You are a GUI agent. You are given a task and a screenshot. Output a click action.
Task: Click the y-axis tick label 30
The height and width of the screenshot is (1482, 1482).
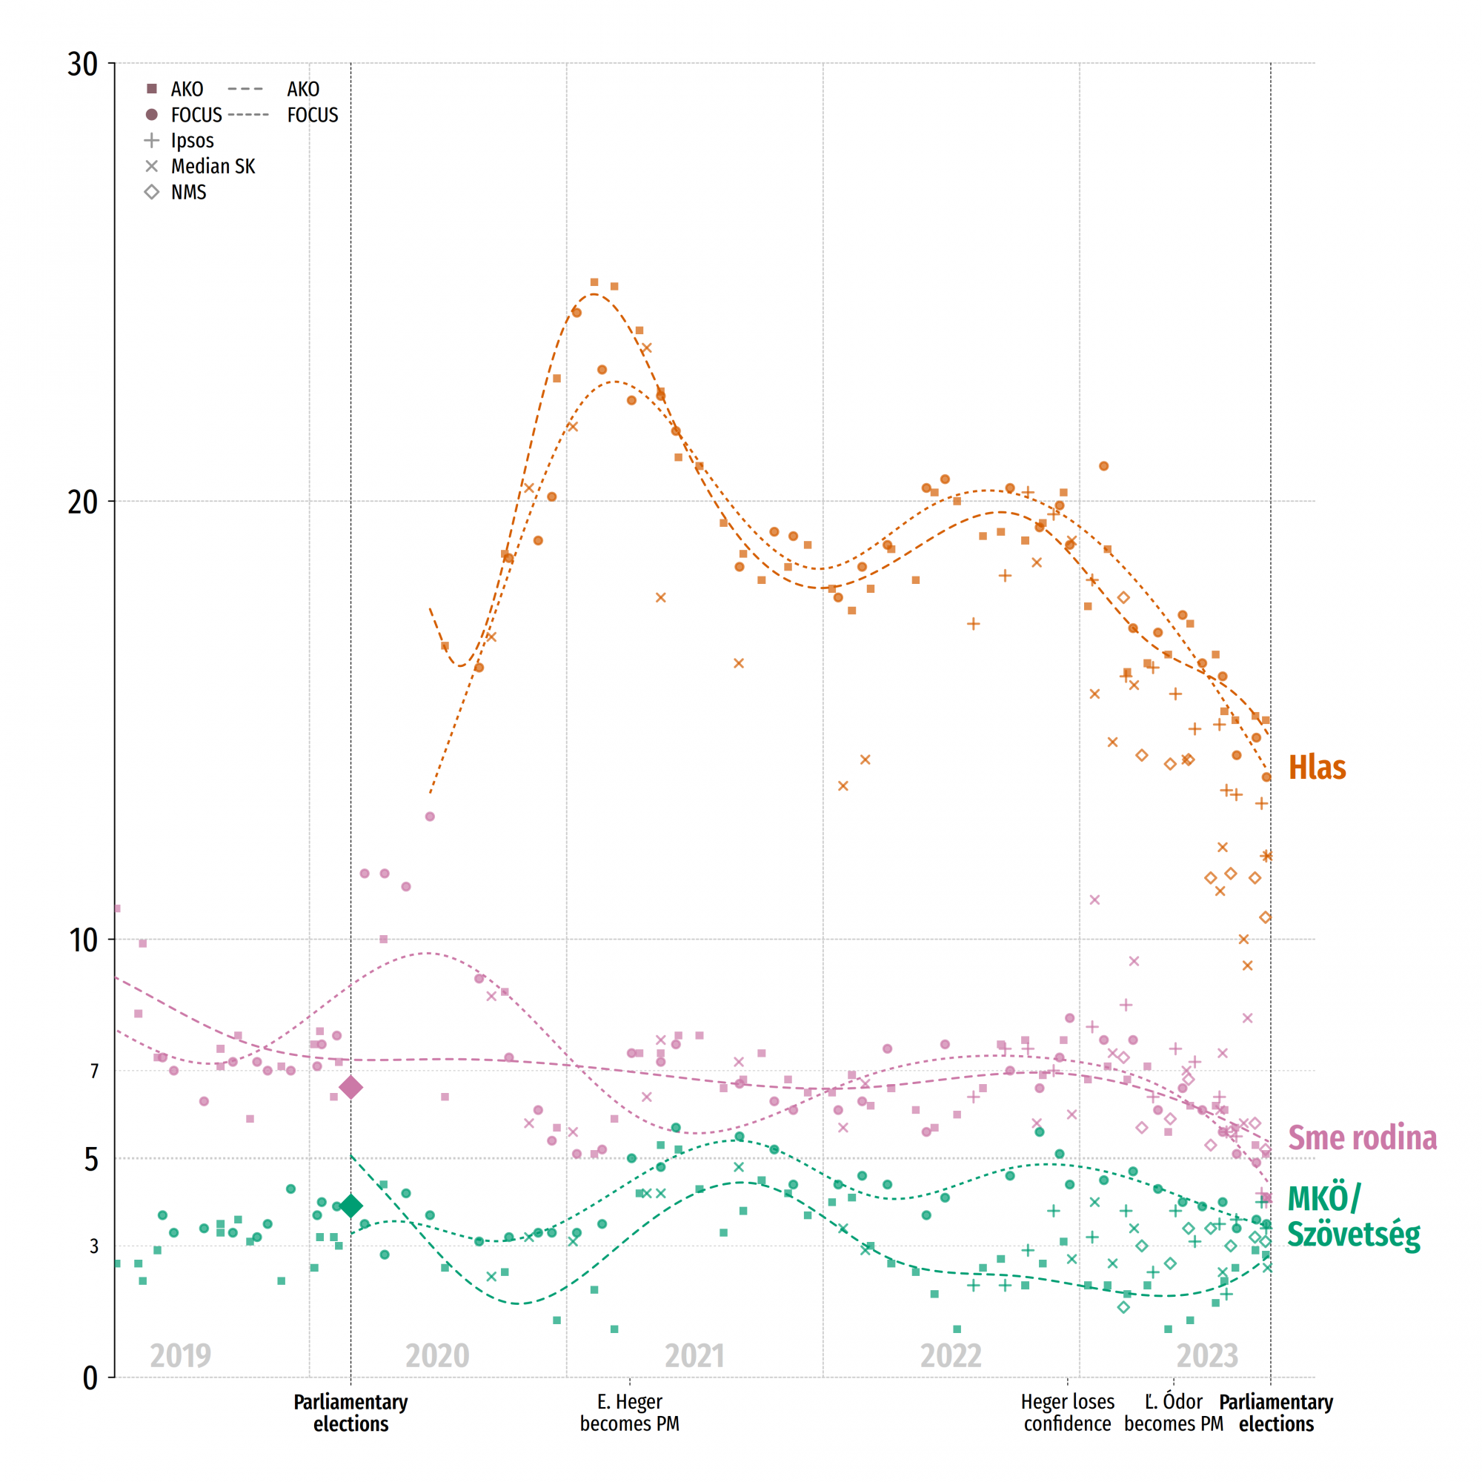[82, 64]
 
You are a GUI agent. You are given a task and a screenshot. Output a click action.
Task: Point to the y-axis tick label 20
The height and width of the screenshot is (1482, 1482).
[82, 502]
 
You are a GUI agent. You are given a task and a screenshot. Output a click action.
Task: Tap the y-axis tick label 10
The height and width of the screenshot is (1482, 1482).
[83, 940]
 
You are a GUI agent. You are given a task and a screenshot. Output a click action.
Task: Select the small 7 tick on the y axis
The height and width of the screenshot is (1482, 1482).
[94, 1071]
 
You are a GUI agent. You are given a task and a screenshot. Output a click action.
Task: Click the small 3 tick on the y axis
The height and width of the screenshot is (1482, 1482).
[93, 1246]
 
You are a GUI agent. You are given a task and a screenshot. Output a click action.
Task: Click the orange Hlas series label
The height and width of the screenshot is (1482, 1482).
[1316, 768]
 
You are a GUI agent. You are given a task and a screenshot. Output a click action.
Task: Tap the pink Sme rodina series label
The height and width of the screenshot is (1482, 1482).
[1361, 1137]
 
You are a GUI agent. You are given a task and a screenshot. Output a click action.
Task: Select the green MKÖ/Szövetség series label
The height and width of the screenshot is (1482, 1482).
[1352, 1217]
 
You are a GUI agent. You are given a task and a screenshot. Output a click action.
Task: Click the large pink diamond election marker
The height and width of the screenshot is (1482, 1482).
[350, 1087]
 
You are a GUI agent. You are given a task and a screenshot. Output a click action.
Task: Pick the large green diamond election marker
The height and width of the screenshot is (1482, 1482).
[350, 1206]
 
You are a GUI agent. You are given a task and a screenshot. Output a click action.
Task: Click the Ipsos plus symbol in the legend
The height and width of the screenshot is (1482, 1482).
[152, 140]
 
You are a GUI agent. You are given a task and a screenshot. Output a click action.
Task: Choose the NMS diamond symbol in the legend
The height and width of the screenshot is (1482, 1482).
[152, 192]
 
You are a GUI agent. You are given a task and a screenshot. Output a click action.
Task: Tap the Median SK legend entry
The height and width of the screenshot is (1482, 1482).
[213, 167]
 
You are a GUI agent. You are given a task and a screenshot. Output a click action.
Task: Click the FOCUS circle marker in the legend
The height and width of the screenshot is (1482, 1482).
[152, 115]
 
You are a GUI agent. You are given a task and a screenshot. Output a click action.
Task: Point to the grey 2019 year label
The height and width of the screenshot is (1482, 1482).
[180, 1355]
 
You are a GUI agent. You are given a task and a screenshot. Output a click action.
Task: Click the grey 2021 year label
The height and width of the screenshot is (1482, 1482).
[694, 1355]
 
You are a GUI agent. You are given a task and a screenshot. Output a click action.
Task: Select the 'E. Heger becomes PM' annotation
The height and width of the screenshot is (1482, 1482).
[629, 1413]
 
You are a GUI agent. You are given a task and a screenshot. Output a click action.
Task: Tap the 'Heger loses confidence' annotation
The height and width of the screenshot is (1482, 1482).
[1067, 1413]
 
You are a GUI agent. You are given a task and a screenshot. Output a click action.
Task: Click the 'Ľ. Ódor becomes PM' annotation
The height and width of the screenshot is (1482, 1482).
[1173, 1413]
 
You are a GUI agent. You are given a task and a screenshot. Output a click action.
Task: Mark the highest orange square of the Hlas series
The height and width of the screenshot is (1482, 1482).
[594, 282]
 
